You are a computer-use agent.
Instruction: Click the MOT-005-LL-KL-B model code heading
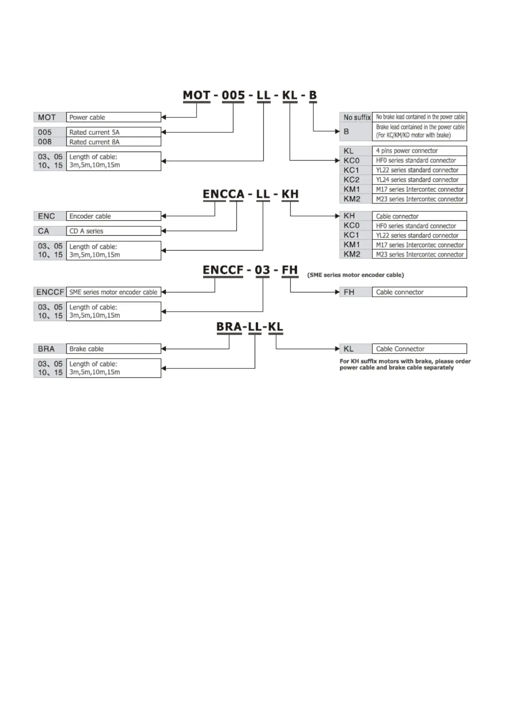point(250,95)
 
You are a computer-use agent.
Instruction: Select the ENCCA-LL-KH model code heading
point(250,194)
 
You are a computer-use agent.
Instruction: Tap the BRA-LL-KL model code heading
point(250,327)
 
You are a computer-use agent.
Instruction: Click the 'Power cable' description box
point(113,117)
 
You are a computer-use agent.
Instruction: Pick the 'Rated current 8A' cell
point(113,142)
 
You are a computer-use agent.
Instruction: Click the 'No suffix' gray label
point(356,117)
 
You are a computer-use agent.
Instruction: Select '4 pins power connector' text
point(406,151)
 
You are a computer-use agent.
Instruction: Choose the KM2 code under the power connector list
point(352,199)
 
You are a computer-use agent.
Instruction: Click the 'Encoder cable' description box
point(113,216)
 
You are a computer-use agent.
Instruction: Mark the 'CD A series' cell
point(113,231)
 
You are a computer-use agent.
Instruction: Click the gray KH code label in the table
point(350,216)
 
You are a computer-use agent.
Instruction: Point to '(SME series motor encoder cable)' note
point(355,275)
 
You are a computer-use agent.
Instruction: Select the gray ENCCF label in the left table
point(50,292)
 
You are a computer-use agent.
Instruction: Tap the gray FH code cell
point(350,292)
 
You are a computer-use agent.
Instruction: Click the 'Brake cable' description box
point(113,349)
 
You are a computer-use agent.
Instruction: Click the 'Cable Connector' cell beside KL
point(419,349)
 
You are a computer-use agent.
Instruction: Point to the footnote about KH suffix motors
point(405,364)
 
